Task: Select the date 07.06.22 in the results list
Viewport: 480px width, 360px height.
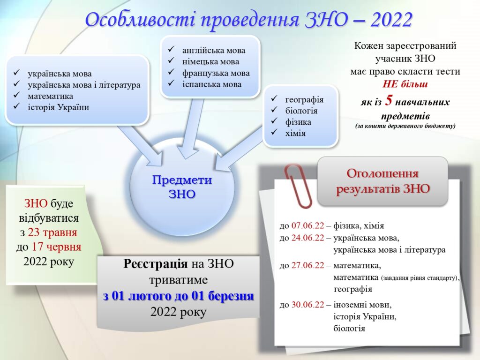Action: (x=307, y=225)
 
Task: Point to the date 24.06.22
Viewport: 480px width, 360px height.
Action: (x=307, y=238)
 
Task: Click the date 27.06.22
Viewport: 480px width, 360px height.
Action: (x=307, y=265)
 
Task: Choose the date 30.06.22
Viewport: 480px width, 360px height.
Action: (x=307, y=305)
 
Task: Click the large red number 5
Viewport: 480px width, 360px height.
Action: (x=389, y=100)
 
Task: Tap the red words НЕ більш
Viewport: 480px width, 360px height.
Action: (x=405, y=84)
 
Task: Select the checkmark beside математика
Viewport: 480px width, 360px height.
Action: (x=16, y=95)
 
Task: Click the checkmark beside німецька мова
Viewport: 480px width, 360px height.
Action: (x=171, y=60)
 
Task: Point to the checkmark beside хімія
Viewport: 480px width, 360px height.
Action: (x=274, y=132)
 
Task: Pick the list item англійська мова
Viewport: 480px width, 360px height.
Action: (x=214, y=50)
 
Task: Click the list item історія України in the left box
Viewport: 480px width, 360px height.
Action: (x=58, y=107)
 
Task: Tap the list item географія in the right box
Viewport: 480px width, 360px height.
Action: (x=304, y=100)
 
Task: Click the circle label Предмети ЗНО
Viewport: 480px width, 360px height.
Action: (x=182, y=187)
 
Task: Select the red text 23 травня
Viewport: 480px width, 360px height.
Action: (x=52, y=232)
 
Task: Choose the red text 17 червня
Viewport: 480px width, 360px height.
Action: (x=57, y=247)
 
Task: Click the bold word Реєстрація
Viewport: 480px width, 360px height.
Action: (x=156, y=263)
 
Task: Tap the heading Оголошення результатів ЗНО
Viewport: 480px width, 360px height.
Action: (x=382, y=181)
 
